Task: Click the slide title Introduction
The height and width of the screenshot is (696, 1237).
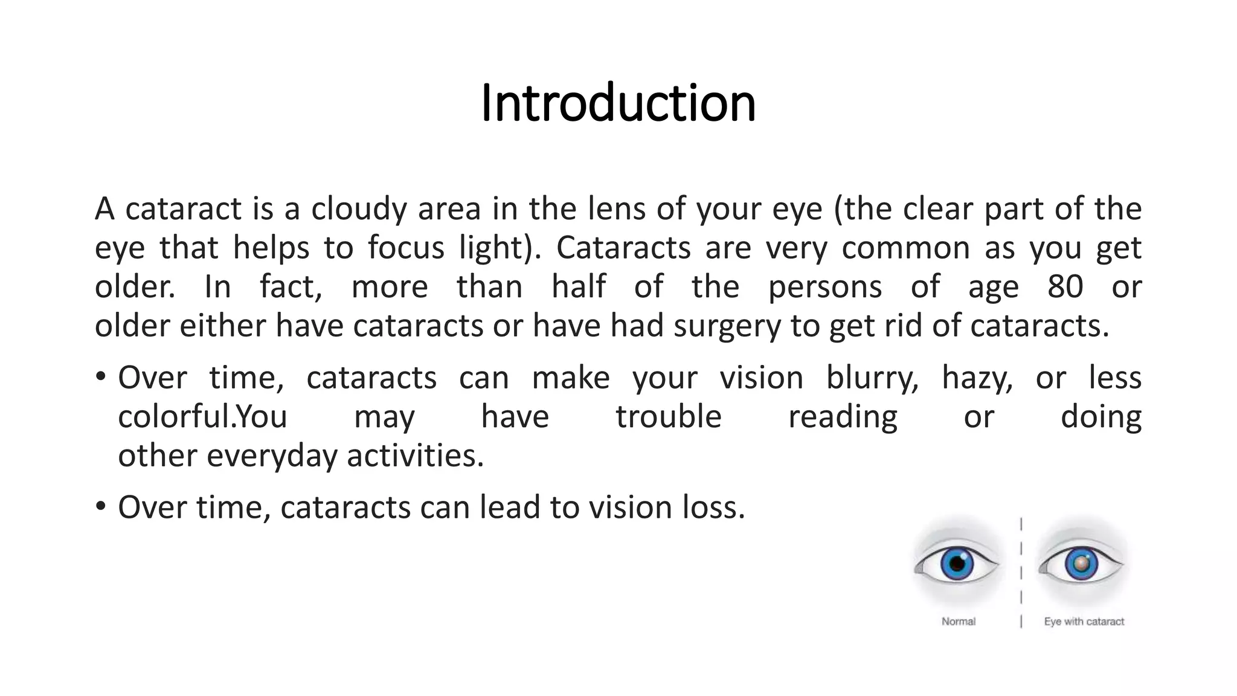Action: coord(618,103)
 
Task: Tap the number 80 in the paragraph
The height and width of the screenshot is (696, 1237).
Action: coord(1065,286)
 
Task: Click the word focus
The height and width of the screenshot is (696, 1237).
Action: coord(406,248)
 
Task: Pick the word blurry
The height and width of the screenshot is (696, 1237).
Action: coord(872,378)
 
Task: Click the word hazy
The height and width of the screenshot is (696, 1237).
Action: coord(977,378)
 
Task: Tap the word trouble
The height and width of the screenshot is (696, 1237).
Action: coord(668,417)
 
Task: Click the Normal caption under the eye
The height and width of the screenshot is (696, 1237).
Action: coord(958,621)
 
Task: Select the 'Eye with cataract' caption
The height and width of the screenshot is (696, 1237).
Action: coord(1084,621)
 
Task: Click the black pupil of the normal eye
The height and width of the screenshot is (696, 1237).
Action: coord(957,564)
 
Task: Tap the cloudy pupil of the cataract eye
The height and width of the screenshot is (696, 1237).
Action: coord(1081,564)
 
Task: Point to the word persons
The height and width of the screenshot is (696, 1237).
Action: coord(824,288)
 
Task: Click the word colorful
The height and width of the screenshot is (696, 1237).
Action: coord(175,417)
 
